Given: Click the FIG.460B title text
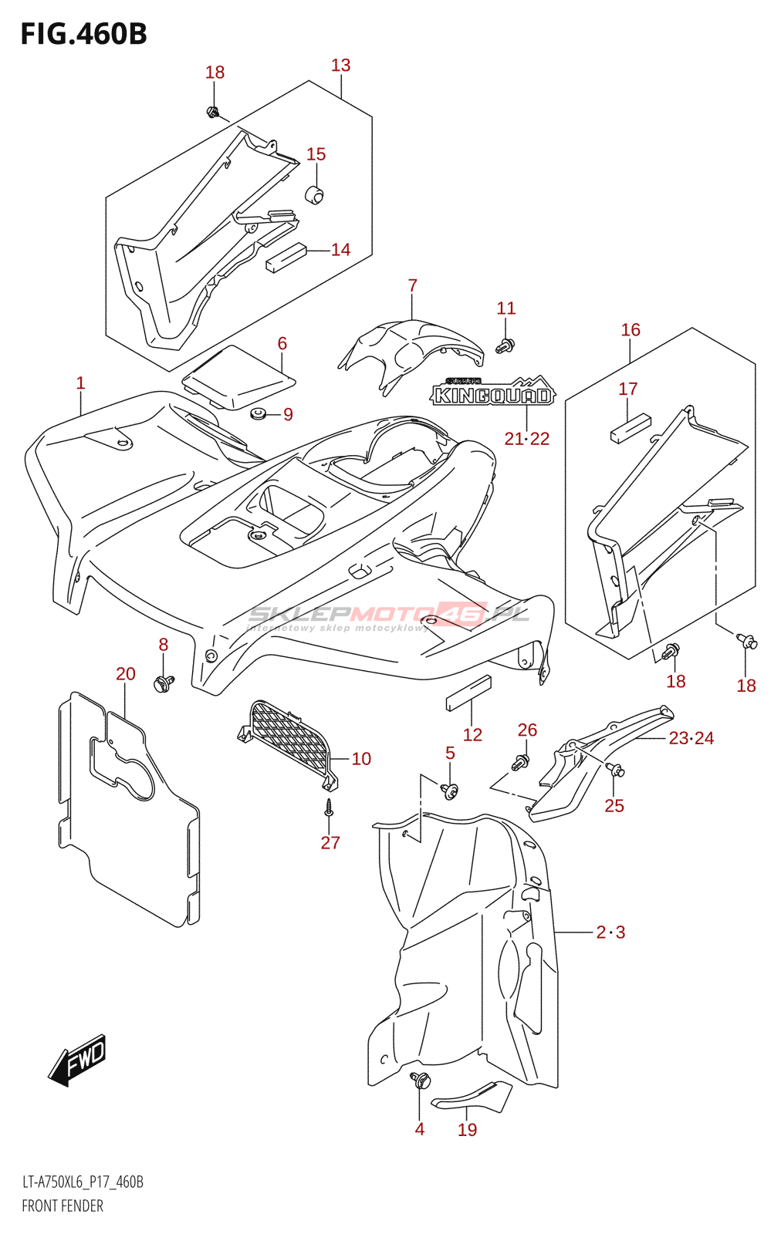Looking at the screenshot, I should coord(83,34).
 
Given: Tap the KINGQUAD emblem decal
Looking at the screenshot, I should coord(492,394).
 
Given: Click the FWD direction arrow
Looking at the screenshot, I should coord(78,1060).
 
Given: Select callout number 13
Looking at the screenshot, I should coord(340,66).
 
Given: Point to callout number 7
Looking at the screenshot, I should coord(413,286).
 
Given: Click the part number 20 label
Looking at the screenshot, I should coord(126,674).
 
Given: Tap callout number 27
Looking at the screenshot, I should coord(330,843).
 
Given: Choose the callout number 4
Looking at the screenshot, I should coord(419,1129).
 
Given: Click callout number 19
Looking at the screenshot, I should coord(467,1130).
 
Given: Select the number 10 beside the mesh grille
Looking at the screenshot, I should coord(361,759).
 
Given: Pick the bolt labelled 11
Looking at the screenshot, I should coord(505,346).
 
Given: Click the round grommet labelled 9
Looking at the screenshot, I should coord(258,415).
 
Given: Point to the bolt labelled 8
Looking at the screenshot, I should coord(164,683).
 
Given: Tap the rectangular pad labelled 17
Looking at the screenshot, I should coord(631,428).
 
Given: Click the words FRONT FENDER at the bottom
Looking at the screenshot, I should coord(63,1205).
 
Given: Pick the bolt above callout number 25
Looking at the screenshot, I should coord(615,769).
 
